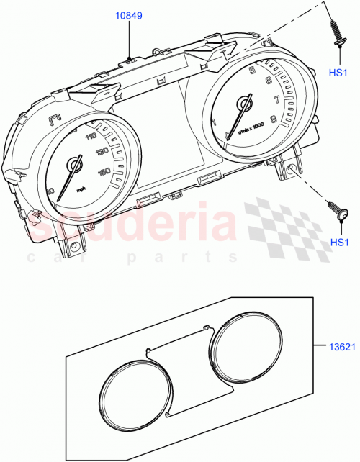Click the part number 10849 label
point(129,14)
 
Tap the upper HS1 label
point(338,73)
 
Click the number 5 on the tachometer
point(252,71)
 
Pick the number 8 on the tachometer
point(273,119)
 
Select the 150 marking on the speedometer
point(104,171)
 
